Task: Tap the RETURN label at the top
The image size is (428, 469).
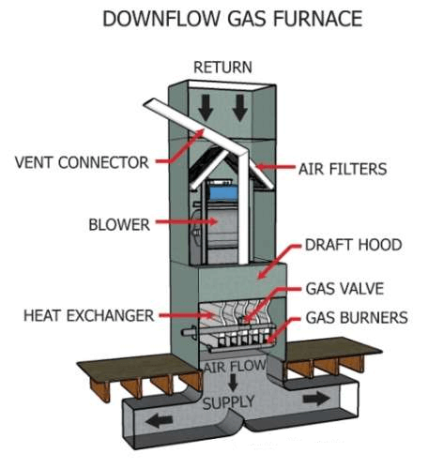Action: (x=222, y=68)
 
